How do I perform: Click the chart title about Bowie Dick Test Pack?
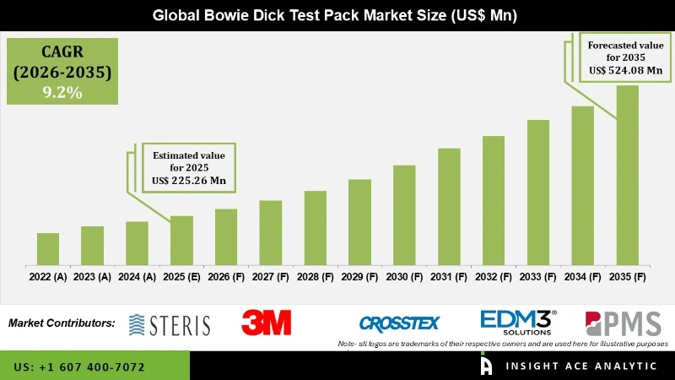point(335,15)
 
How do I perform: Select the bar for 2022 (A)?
point(48,248)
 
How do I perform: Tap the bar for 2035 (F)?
point(627,174)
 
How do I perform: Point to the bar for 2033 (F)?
point(538,191)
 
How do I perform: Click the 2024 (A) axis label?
point(137,276)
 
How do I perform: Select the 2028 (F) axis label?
point(315,276)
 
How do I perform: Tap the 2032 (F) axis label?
point(494,276)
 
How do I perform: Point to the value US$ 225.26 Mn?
point(189,181)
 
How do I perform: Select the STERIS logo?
point(170,323)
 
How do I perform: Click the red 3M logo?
point(266,323)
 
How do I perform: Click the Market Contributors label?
point(62,323)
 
